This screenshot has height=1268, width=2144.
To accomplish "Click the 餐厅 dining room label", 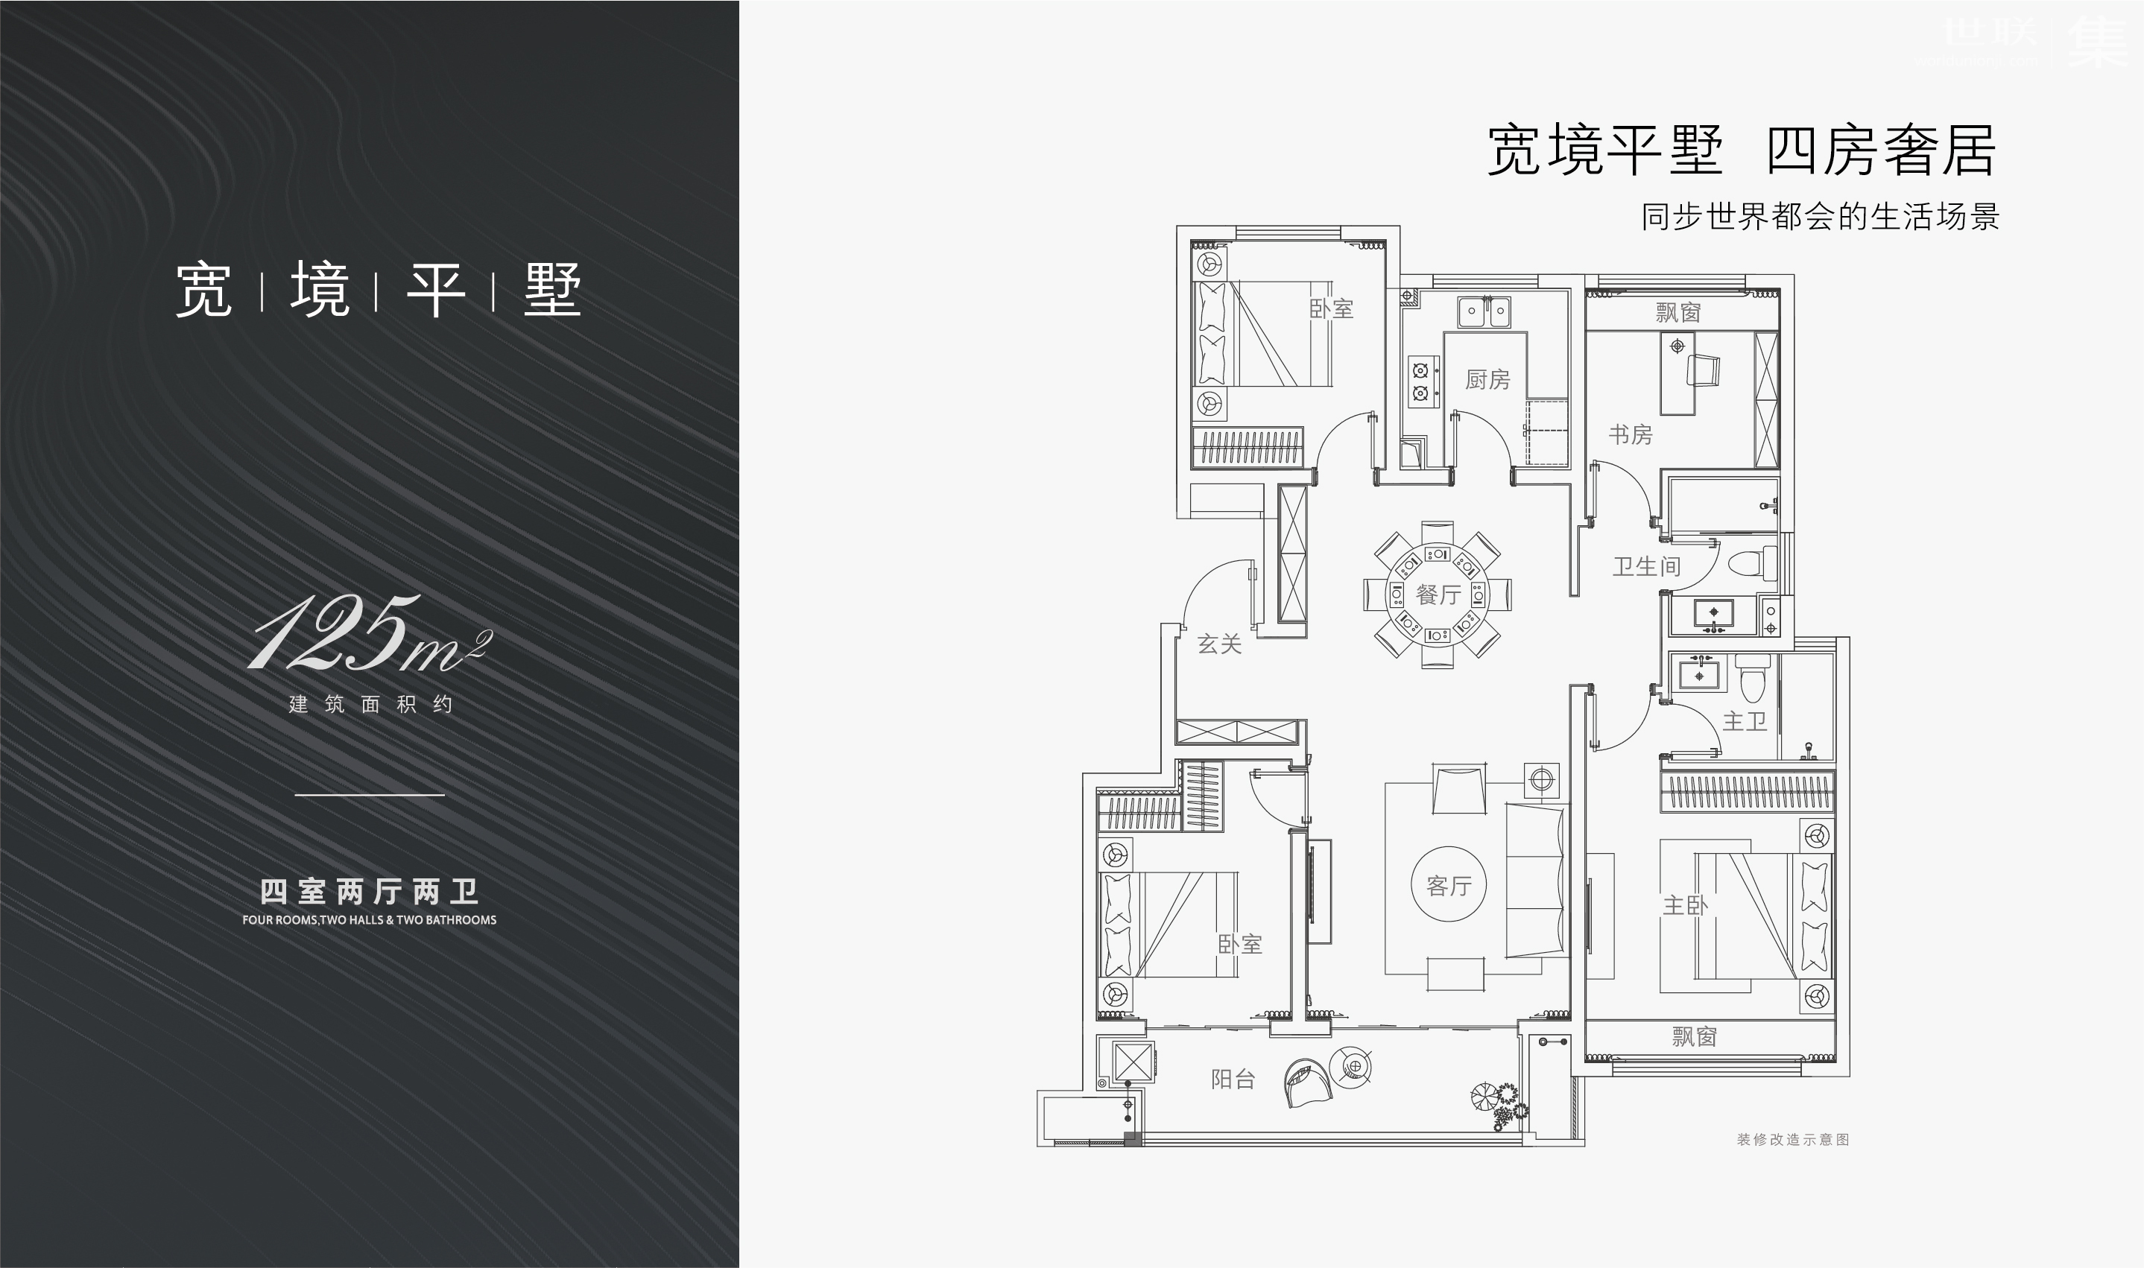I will pyautogui.click(x=1438, y=595).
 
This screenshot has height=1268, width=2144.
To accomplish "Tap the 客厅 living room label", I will pyautogui.click(x=1449, y=886).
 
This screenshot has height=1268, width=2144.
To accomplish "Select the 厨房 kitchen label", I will pyautogui.click(x=1487, y=379).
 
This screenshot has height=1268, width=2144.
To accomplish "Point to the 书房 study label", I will pyautogui.click(x=1631, y=435).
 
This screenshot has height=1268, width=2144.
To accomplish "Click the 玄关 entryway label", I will pyautogui.click(x=1218, y=644).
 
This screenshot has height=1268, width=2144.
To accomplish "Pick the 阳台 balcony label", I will pyautogui.click(x=1233, y=1080).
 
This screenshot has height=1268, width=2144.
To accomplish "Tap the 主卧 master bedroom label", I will pyautogui.click(x=1684, y=905).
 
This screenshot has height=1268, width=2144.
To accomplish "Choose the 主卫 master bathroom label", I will pyautogui.click(x=1744, y=721).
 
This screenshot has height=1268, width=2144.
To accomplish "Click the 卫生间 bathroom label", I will pyautogui.click(x=1645, y=566).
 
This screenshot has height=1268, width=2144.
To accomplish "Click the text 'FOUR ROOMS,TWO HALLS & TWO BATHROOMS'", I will pyautogui.click(x=369, y=920).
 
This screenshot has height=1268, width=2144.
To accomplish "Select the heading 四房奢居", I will pyautogui.click(x=1881, y=150).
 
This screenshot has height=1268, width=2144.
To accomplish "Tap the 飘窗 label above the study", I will pyautogui.click(x=1677, y=313).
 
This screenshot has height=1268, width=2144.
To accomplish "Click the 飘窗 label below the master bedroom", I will pyautogui.click(x=1694, y=1037).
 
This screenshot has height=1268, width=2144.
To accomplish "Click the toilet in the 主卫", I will pyautogui.click(x=1753, y=679).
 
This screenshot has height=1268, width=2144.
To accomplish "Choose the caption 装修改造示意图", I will pyautogui.click(x=1792, y=1140).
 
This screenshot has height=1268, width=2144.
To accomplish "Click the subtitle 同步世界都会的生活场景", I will pyautogui.click(x=1819, y=217).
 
